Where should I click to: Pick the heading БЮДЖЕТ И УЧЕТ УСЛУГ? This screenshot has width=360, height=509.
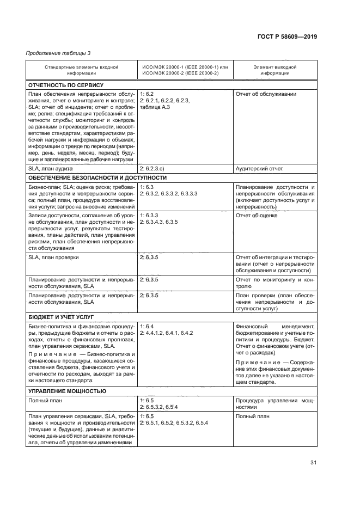tap(60, 316)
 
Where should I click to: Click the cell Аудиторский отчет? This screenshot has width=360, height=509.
tap(259, 169)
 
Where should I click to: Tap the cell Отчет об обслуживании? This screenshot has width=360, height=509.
tap(266, 94)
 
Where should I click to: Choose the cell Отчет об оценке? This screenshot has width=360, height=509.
tap(257, 215)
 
